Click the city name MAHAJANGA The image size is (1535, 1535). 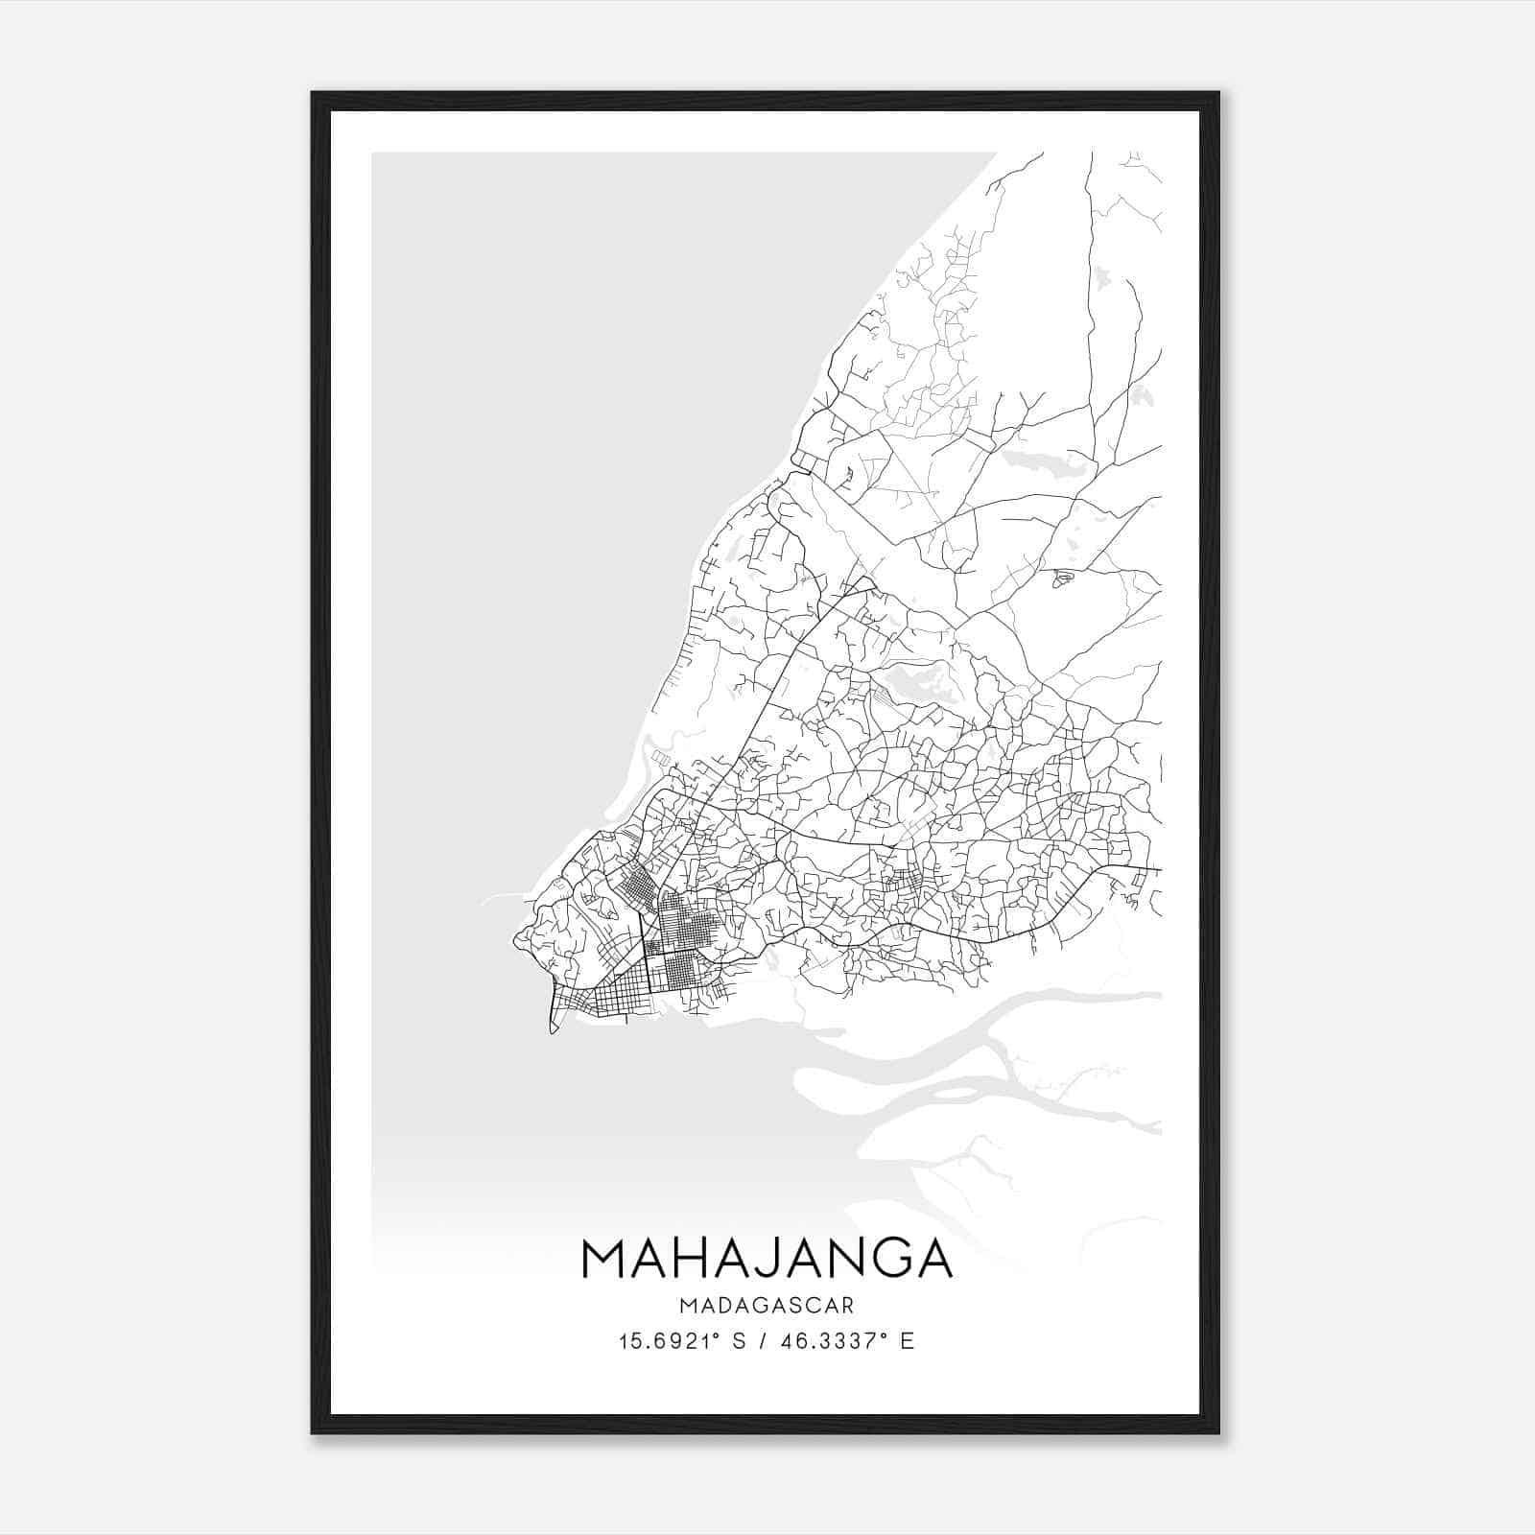point(767,1258)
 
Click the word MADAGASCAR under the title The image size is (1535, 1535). point(767,1306)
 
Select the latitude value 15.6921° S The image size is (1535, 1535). point(681,1341)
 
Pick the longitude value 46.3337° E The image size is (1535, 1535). point(846,1341)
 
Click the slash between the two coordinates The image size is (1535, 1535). point(766,1341)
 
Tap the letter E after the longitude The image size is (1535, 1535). point(907,1341)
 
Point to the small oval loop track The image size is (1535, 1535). point(1062,578)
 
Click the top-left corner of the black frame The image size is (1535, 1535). point(313,93)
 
